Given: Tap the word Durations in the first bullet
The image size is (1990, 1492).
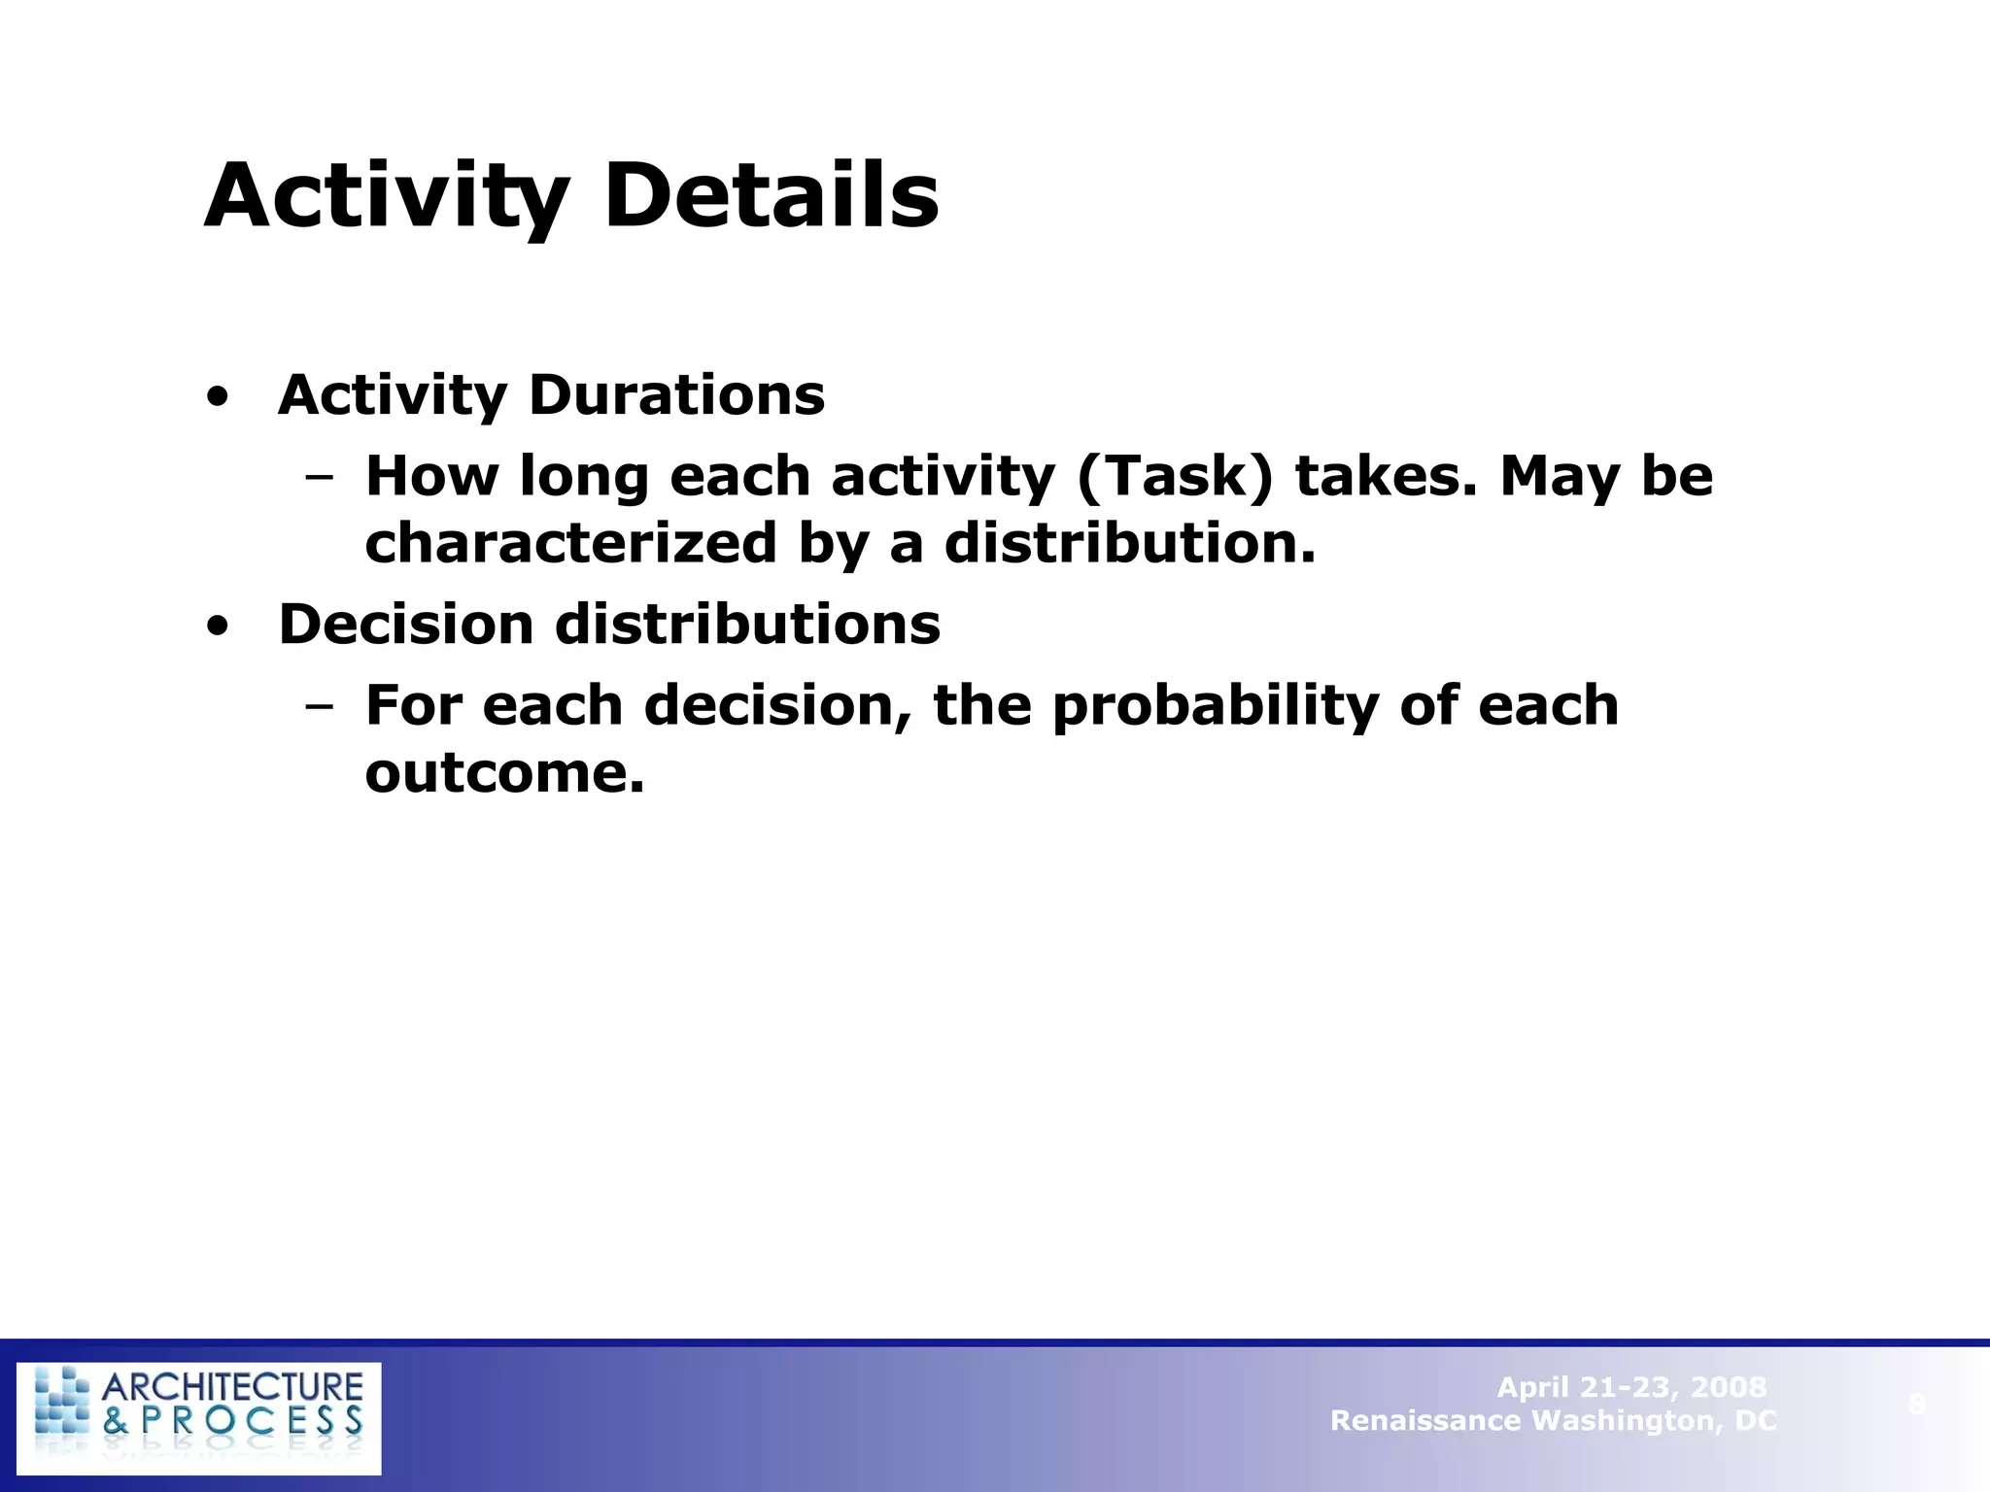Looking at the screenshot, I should click(676, 395).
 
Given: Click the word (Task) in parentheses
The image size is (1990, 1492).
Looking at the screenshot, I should click(1174, 477).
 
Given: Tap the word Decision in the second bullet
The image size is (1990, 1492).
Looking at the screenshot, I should click(405, 624).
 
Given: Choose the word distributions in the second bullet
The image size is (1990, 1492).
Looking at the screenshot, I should click(747, 624).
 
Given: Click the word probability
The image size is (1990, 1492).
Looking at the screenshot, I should click(1215, 706).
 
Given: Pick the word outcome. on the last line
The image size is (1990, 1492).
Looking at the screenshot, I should click(504, 773).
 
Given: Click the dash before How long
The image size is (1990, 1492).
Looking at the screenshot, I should click(318, 477).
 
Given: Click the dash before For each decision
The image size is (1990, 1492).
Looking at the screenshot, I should click(318, 706).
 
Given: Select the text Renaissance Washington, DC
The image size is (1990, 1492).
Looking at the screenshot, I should click(1553, 1421).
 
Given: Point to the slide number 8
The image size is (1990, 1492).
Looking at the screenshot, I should click(1916, 1404).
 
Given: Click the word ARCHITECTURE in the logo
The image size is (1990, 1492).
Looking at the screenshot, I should click(232, 1386).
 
